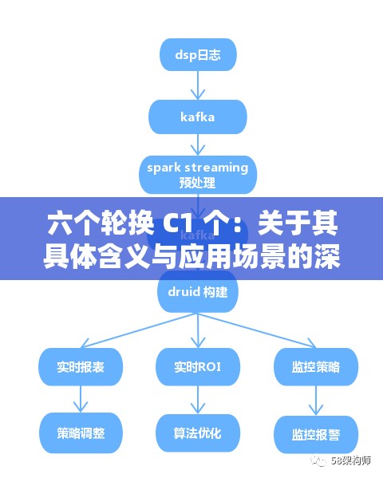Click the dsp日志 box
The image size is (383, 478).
tap(197, 55)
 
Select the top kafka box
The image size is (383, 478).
tap(197, 117)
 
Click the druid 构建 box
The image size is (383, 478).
tap(197, 292)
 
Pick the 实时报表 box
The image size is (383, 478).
tap(80, 366)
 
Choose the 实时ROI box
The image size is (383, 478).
tap(197, 366)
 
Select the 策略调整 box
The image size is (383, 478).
tap(80, 434)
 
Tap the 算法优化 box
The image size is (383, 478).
tap(197, 434)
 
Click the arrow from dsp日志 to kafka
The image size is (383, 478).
tap(197, 86)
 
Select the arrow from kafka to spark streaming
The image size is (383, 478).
tap(197, 146)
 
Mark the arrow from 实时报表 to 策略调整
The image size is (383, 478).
tap(80, 400)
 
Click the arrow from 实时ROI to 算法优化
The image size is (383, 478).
tap(197, 400)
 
